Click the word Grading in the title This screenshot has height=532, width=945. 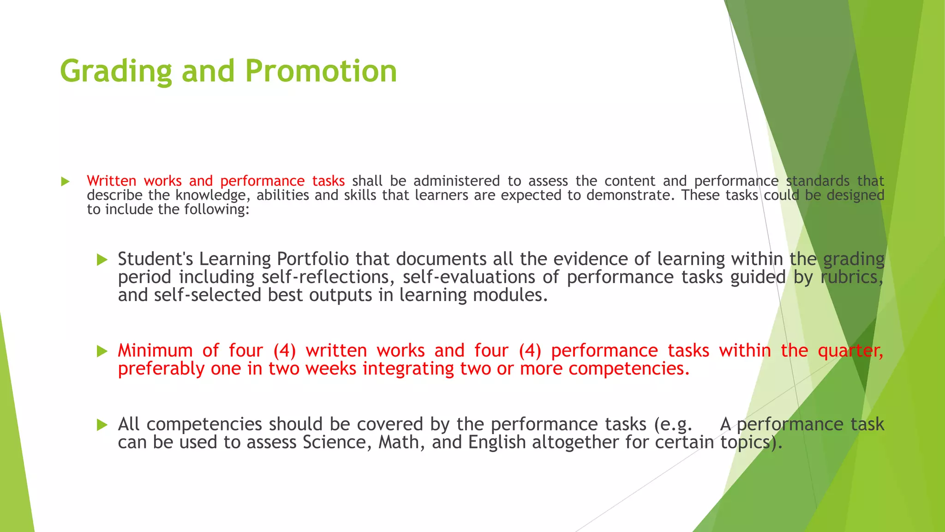point(115,71)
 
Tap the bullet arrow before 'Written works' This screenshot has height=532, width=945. point(65,181)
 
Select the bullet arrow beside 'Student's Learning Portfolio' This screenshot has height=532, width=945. point(102,260)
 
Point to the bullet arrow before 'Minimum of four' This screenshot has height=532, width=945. point(102,351)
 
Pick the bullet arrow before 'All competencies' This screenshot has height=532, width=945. point(102,425)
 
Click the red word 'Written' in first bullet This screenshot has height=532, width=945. point(111,181)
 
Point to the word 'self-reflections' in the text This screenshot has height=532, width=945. point(327,277)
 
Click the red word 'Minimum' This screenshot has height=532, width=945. point(155,351)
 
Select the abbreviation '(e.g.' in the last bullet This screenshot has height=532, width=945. point(673,424)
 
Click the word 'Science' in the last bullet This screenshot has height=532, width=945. point(337,442)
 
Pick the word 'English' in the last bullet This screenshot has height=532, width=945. point(497,442)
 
